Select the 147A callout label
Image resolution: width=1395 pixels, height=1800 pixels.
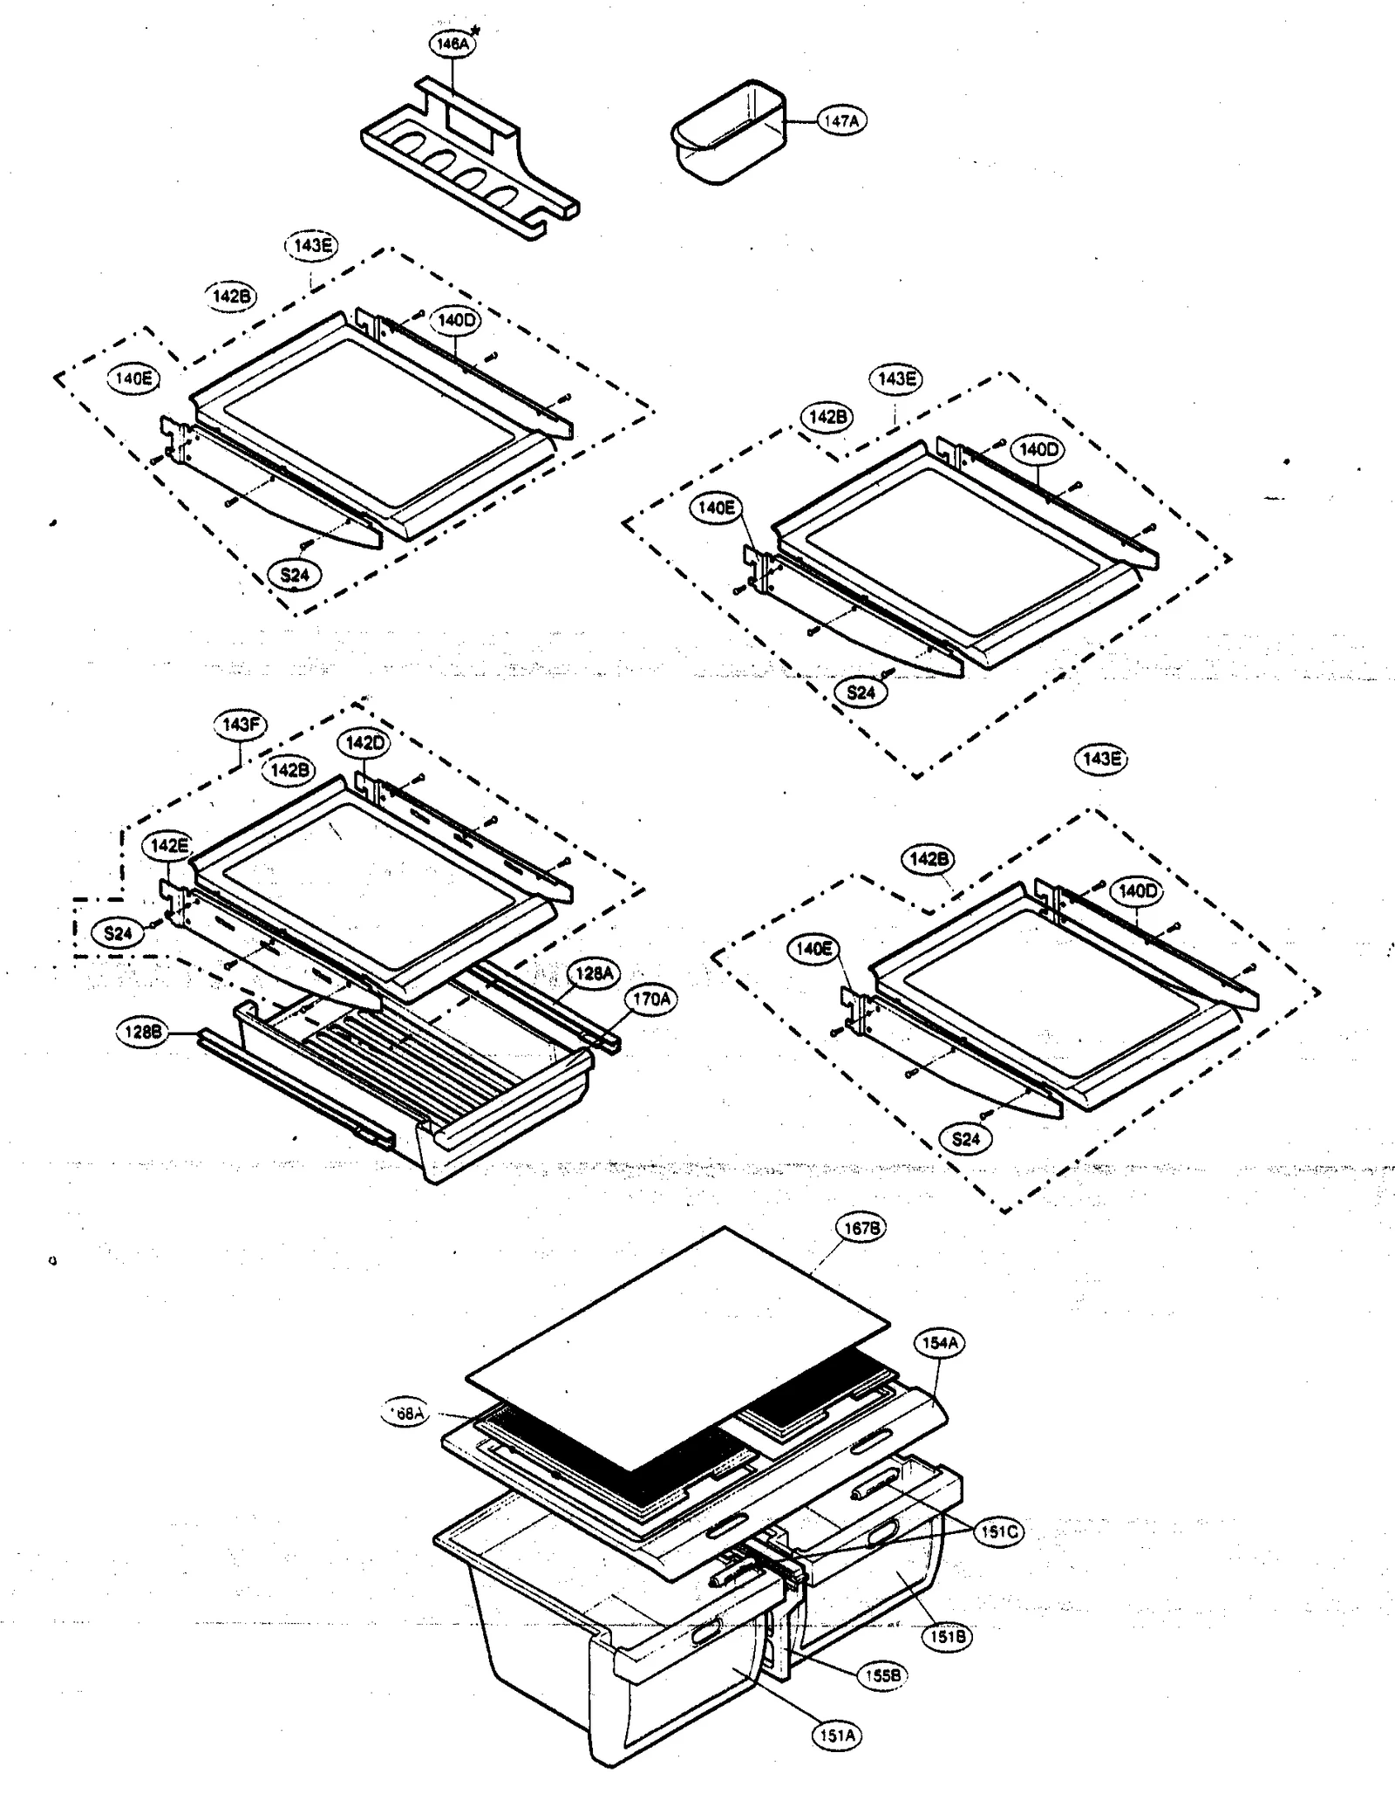point(840,121)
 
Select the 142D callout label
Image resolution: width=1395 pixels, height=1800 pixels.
point(364,743)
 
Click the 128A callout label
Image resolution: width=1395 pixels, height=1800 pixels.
point(594,972)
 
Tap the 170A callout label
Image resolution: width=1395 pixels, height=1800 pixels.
point(651,999)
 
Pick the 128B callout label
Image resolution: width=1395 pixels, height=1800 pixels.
point(142,1033)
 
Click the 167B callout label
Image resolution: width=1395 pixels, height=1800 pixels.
point(860,1229)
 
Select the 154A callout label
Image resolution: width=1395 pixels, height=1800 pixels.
point(940,1343)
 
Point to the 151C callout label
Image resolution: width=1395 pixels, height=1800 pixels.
point(998,1532)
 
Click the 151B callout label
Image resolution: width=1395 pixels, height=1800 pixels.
point(947,1637)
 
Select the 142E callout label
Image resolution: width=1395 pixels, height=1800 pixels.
point(168,845)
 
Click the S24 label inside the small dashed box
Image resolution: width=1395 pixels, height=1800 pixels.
point(118,934)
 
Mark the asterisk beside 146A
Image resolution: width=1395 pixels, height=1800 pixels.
point(475,31)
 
